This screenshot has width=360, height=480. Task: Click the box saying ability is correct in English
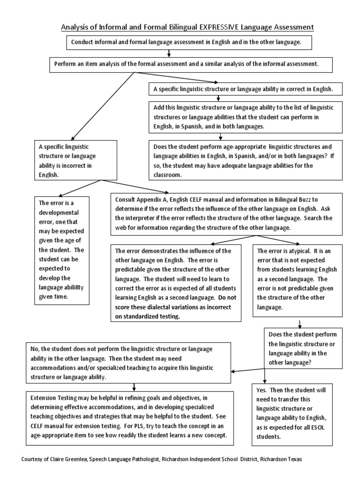[243, 88]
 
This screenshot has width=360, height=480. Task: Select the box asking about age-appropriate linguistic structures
[243, 160]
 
